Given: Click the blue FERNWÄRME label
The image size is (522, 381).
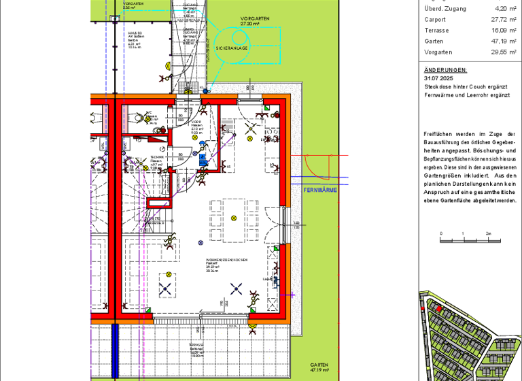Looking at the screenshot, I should coord(321,190).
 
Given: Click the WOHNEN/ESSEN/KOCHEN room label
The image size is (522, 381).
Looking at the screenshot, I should coord(226,261).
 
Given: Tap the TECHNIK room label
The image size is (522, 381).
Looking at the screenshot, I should coord(156,156).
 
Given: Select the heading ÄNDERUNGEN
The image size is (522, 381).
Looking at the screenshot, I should coord(445,70).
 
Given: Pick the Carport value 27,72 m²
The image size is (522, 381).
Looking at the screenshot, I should coord(503,20).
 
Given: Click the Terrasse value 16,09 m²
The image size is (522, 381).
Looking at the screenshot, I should coord(503,31).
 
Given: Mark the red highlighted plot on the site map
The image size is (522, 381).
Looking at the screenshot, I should coord(439,308).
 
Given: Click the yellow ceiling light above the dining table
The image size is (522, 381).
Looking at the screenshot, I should coord(234,218).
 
